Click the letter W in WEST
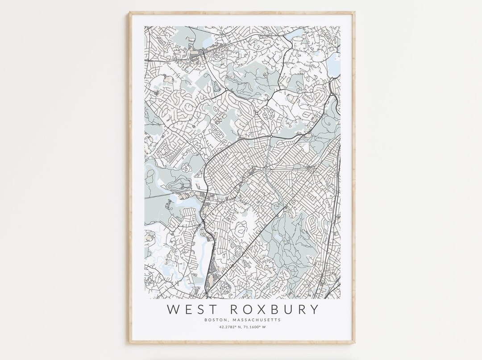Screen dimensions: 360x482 (x=172, y=309)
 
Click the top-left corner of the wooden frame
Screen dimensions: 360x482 (x=130, y=13)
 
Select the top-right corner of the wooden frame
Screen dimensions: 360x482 (x=354, y=13)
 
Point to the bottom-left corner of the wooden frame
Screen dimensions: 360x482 (x=130, y=343)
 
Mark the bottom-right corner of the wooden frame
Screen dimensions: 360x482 (x=354, y=343)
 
